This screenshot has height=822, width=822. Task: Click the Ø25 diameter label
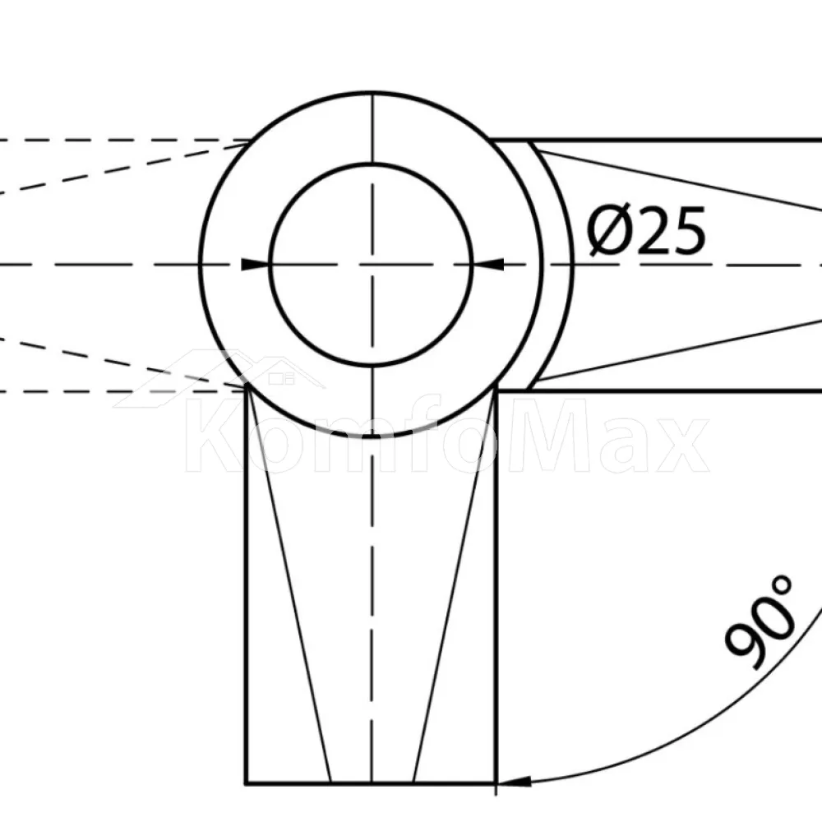[646, 231]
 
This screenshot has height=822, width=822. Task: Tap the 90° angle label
[759, 621]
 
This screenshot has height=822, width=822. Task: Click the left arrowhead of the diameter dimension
[256, 265]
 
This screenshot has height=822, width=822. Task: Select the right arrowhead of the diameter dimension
[488, 265]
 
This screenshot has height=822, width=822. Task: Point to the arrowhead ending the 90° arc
[514, 782]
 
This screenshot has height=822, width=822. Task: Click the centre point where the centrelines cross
[372, 265]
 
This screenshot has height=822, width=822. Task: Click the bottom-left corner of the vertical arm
[246, 783]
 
